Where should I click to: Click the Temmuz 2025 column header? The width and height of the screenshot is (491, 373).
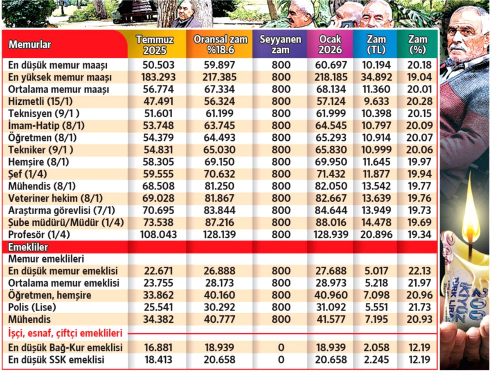point(155,45)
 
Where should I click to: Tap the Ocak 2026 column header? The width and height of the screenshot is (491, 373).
point(330,45)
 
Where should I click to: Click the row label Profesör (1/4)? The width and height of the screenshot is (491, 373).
point(38,235)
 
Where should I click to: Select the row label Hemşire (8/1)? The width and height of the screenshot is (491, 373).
point(39,162)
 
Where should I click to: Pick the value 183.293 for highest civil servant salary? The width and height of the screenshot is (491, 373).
point(159,77)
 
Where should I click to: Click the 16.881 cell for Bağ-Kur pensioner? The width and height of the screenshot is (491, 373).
point(159,348)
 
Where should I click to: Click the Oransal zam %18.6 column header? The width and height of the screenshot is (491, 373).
point(220,45)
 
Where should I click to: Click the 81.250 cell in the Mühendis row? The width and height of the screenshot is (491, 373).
point(221,186)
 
